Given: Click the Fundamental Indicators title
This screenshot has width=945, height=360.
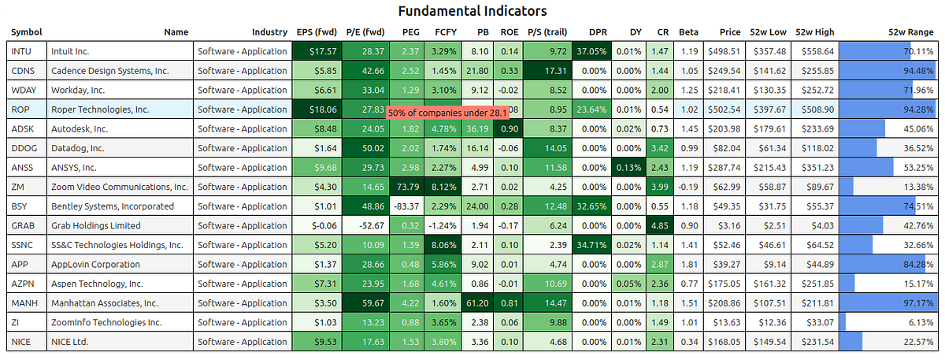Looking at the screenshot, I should (472, 11).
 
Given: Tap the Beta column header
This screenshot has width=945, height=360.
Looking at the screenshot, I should (688, 32).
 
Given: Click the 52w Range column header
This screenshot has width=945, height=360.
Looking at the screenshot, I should (910, 32).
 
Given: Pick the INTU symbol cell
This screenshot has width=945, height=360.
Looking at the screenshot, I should (22, 51).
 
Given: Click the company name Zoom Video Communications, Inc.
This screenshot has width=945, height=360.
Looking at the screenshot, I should (120, 187).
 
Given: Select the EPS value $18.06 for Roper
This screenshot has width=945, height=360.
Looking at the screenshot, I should (315, 109).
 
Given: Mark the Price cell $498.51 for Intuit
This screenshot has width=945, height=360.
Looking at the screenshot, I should (724, 51).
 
